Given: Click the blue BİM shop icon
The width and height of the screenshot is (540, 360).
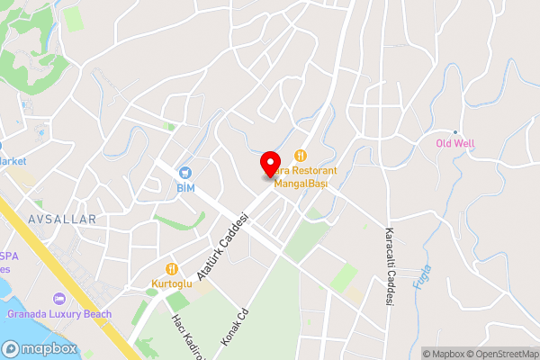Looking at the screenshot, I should click(x=185, y=173).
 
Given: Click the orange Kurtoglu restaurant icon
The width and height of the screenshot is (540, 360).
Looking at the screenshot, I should click(x=171, y=268).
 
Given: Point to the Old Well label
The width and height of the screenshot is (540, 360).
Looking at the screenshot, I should click(x=455, y=143).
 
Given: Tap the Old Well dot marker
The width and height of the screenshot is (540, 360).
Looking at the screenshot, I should click(x=455, y=131).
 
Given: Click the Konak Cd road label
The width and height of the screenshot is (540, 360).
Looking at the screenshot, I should click(x=234, y=330).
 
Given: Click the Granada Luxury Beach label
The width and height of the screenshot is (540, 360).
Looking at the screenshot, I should click(x=59, y=314).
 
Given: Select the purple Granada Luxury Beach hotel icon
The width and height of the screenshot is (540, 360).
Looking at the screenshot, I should click(x=59, y=299).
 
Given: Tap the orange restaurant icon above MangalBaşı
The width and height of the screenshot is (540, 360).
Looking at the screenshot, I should click(x=301, y=155).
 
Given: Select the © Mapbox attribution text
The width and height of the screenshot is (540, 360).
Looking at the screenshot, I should click(x=445, y=354).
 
